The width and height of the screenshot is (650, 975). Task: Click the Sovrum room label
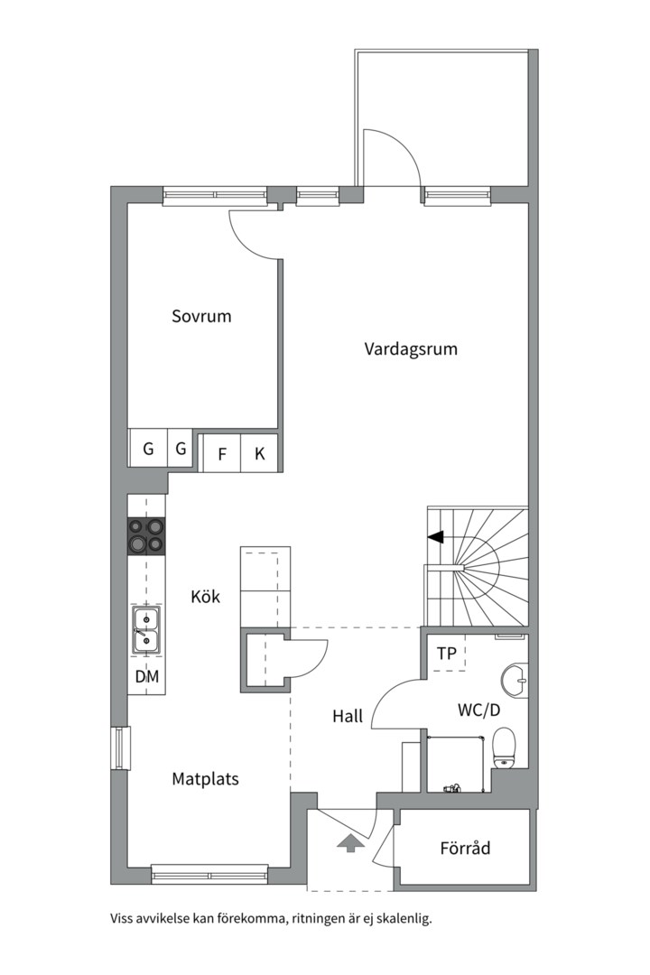[201, 316]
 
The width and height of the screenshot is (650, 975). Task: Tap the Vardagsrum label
[411, 348]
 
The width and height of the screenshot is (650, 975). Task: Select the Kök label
[205, 597]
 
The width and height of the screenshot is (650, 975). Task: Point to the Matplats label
[205, 778]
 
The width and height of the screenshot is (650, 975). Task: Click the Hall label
[347, 716]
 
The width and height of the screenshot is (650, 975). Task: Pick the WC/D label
[478, 710]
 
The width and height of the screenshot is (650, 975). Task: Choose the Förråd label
[465, 849]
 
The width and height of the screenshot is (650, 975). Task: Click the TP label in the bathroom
[446, 653]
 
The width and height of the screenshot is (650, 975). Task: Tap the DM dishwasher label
[146, 676]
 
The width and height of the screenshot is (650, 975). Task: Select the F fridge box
[221, 454]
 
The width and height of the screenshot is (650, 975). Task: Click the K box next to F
[259, 454]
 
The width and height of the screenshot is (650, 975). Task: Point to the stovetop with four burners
[147, 534]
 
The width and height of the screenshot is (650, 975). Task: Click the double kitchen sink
[146, 628]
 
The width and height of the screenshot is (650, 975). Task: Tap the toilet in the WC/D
[504, 747]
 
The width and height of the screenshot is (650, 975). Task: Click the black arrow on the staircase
[436, 537]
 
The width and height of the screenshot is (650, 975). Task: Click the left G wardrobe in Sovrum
[147, 448]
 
